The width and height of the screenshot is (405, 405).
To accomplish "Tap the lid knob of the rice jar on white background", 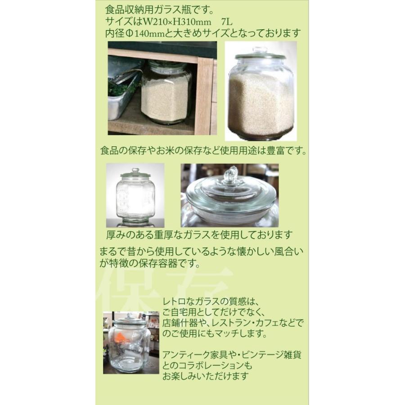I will click(x=260, y=50).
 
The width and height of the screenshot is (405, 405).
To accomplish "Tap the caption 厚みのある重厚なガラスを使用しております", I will click(x=199, y=235).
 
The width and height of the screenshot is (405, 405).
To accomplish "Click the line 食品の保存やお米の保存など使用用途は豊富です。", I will click(x=204, y=151).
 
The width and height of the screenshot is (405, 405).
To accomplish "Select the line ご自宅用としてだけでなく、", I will click(x=216, y=312).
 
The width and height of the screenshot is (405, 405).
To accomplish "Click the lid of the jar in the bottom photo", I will click(x=130, y=320).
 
